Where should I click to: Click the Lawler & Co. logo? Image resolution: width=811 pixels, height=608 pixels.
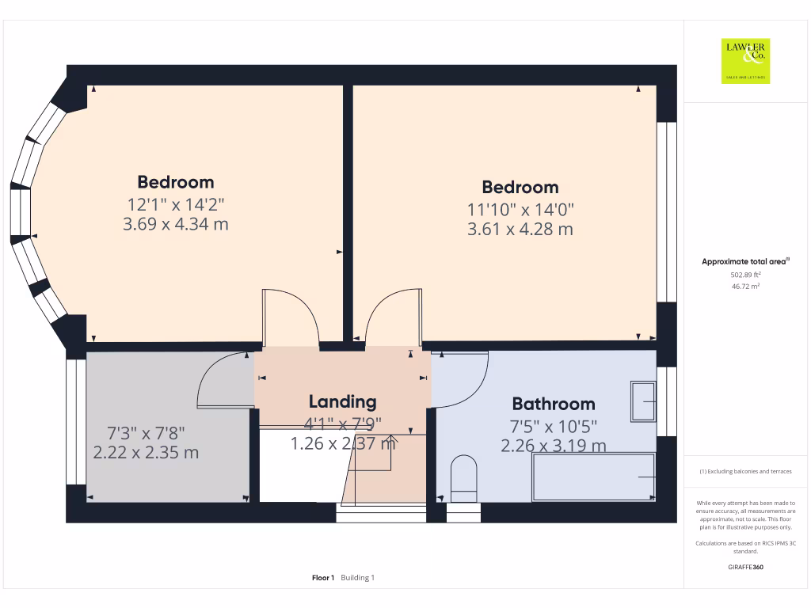[x=745, y=61]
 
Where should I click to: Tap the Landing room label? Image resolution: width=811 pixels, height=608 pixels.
[x=342, y=401]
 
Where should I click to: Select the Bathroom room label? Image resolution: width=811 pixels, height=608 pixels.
[x=553, y=404]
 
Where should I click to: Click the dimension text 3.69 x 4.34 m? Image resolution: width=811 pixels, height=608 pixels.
[x=176, y=224]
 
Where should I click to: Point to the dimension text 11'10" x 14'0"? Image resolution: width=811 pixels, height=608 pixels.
[x=520, y=209]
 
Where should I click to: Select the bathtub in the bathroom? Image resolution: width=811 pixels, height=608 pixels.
[x=594, y=477]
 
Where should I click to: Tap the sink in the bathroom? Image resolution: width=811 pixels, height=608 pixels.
[x=642, y=401]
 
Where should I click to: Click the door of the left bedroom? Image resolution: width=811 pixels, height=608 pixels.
[x=291, y=317]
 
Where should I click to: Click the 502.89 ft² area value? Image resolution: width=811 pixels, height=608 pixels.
[x=745, y=274]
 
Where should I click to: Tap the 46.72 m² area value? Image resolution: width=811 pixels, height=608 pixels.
[x=745, y=287]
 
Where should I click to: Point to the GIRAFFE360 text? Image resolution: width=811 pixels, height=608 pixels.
[x=745, y=567]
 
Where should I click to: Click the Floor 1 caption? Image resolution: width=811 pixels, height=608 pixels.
[x=323, y=578]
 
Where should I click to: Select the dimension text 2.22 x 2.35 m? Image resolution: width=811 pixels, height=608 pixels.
[x=146, y=453]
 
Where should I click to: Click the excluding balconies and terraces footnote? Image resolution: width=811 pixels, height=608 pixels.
[x=745, y=471]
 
